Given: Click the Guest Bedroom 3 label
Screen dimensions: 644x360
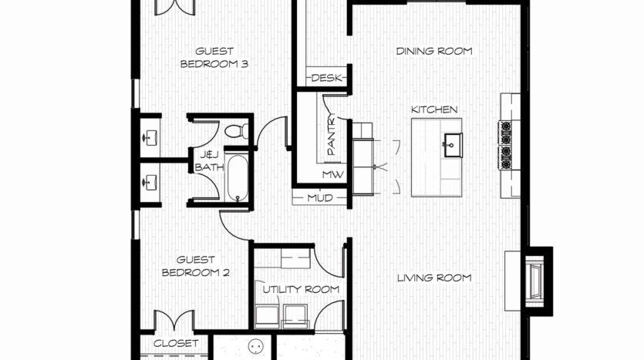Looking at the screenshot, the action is click(x=214, y=58).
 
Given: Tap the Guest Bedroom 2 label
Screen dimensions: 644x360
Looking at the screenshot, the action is click(x=195, y=266).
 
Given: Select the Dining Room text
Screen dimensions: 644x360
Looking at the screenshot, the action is click(x=434, y=51).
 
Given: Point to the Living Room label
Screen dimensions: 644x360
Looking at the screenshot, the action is click(x=434, y=278).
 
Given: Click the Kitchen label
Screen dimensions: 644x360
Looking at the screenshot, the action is click(x=434, y=109).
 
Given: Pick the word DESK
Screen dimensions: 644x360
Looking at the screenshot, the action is click(x=326, y=78).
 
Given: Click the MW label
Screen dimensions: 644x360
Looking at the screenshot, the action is click(x=332, y=174).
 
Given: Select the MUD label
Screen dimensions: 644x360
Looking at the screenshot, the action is click(x=320, y=198).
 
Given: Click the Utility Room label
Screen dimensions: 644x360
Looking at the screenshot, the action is click(x=301, y=289).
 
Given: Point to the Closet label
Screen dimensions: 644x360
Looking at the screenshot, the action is click(x=176, y=343).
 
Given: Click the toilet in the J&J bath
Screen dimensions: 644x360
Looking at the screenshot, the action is click(x=237, y=131).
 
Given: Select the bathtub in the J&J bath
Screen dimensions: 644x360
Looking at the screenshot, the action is click(x=238, y=178).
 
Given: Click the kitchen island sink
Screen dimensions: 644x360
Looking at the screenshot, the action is click(x=452, y=145).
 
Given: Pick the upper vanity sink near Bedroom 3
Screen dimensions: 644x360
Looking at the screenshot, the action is click(x=150, y=137).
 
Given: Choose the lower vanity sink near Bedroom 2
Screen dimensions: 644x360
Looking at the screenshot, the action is click(x=150, y=182).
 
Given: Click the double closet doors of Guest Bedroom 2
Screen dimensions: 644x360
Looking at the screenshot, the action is click(x=174, y=320).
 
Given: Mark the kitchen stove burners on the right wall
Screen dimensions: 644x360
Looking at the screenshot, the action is click(x=506, y=145).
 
